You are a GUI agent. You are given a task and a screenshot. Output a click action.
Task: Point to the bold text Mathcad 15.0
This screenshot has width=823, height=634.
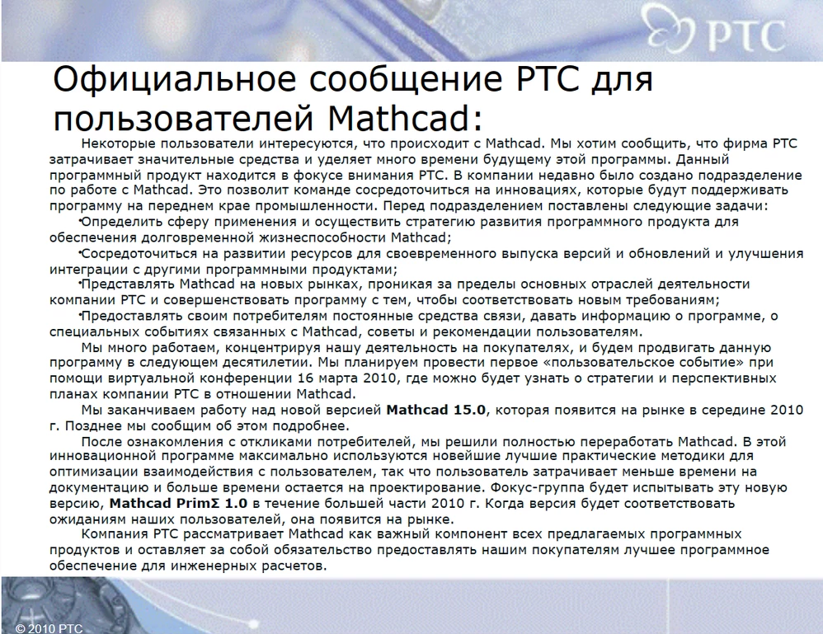[437, 409]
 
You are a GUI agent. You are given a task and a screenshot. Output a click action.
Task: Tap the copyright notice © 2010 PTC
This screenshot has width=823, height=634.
[49, 627]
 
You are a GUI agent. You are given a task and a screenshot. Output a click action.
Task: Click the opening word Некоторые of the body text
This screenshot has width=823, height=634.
[127, 143]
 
